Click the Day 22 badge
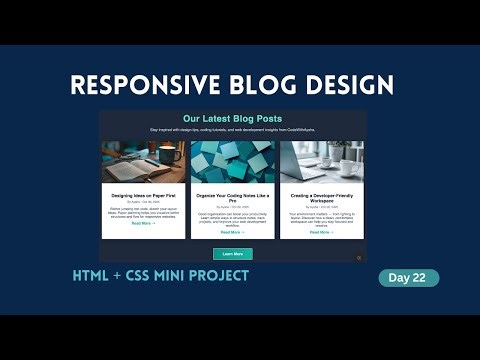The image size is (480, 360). pyautogui.click(x=408, y=278)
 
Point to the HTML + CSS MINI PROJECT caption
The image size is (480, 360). pyautogui.click(x=160, y=275)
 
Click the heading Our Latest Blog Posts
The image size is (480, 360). pyautogui.click(x=232, y=119)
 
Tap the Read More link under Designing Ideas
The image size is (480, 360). pyautogui.click(x=142, y=223)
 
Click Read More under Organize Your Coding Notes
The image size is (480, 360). pyautogui.click(x=232, y=231)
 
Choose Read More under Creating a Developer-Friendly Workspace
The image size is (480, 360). pyautogui.click(x=321, y=231)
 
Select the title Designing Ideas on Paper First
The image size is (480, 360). pyautogui.click(x=142, y=195)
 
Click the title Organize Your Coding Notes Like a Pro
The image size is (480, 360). pyautogui.click(x=232, y=197)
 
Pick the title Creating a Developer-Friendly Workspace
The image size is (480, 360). pyautogui.click(x=321, y=197)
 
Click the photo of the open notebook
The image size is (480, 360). pyautogui.click(x=142, y=160)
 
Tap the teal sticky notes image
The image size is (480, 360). pyautogui.click(x=232, y=160)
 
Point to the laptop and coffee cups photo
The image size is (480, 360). pyautogui.click(x=321, y=160)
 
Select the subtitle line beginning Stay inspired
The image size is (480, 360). pyautogui.click(x=232, y=130)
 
